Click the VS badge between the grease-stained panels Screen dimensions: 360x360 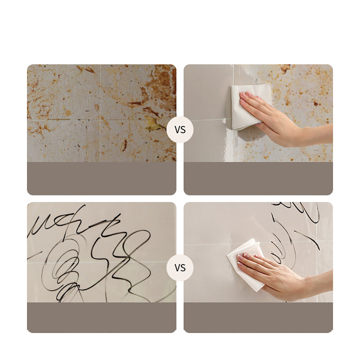(180, 130)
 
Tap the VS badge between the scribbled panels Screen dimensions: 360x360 (180, 267)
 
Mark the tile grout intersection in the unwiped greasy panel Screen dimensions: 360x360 (100, 120)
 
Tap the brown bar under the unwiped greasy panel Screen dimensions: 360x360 (102, 178)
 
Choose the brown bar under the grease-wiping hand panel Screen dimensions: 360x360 (258, 178)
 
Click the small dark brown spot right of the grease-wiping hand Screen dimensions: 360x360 (316, 103)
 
